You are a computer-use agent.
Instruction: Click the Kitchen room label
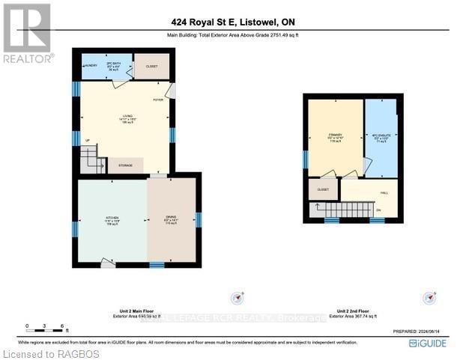point(111,221)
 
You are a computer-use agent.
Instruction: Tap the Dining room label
point(172,221)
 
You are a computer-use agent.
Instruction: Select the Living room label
point(127,118)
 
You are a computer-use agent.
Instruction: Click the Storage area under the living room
point(125,165)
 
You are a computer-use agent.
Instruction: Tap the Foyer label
point(158,100)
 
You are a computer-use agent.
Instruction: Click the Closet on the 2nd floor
point(323,190)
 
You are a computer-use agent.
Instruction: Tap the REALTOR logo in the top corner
point(28,33)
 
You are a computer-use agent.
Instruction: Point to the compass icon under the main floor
point(237,297)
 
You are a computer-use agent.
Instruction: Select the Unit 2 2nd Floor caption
point(356,311)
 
